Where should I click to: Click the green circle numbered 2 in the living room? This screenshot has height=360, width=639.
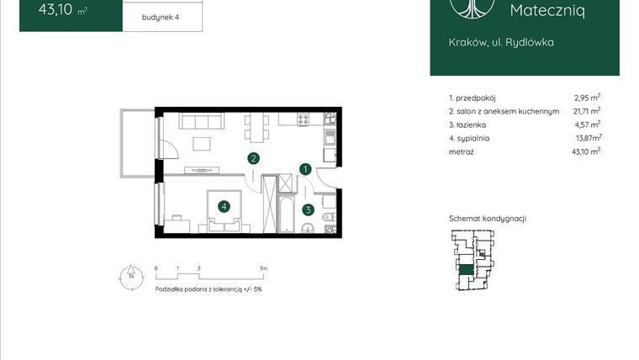click(253, 157)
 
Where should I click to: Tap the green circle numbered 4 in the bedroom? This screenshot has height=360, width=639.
click(224, 206)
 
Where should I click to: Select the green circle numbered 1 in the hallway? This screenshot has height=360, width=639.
click(307, 169)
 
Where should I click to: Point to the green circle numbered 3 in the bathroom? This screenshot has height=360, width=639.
click(309, 210)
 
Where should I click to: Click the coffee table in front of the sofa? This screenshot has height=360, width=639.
click(203, 143)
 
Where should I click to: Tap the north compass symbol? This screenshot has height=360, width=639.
click(131, 275)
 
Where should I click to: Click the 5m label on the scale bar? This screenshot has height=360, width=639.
click(263, 268)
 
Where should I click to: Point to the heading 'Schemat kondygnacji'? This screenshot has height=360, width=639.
click(488, 219)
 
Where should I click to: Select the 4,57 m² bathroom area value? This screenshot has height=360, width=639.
click(587, 124)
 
